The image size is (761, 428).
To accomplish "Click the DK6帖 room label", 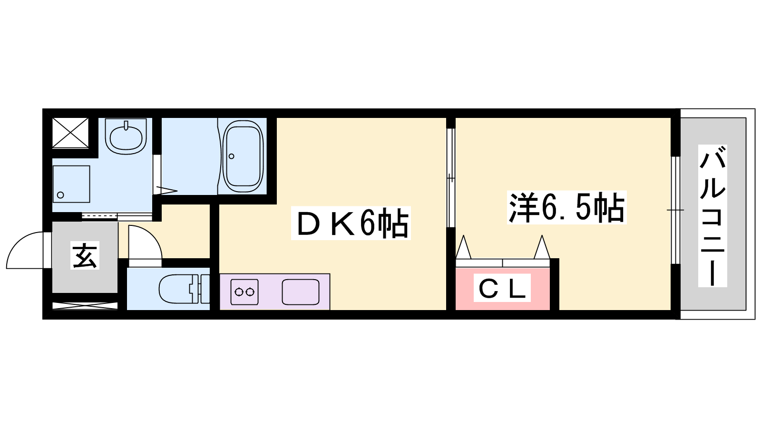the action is click(351, 224).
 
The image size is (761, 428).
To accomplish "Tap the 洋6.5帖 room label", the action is click(566, 207).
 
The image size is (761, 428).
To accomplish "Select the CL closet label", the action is click(502, 288).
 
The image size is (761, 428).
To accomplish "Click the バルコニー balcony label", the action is click(712, 216).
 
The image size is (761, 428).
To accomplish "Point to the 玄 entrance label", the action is click(85, 255).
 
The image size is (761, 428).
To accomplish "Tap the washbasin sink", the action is click(126, 136).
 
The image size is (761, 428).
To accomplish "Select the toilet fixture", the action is click(184, 289).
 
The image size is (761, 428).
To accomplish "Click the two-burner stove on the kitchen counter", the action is click(244, 292).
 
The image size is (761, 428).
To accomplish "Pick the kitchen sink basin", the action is click(301, 292).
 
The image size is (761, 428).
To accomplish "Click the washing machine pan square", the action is click(71, 184).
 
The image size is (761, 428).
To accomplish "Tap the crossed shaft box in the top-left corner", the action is click(70, 133).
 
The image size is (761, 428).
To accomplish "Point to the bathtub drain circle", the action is click(231, 156).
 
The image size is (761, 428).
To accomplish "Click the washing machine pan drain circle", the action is click(60, 195).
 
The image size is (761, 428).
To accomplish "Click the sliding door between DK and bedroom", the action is click(451, 178).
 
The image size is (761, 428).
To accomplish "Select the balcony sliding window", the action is click(675, 210).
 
